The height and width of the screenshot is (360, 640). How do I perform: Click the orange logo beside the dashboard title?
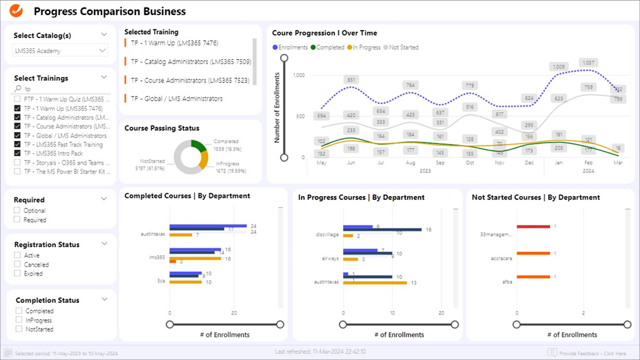coord(14,11)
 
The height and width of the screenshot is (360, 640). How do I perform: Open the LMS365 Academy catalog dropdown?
coord(61,50)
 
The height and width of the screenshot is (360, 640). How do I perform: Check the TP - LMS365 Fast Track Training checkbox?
coord(18,144)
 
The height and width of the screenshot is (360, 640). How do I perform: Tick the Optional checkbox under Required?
coord(18,211)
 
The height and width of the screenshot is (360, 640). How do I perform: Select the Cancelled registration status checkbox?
coord(18,265)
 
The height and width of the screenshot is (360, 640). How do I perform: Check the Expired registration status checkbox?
coord(18,274)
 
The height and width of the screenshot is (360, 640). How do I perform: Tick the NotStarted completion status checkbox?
coord(18,329)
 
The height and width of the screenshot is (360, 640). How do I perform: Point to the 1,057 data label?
coord(588,63)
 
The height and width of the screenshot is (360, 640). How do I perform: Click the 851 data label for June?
coord(351,80)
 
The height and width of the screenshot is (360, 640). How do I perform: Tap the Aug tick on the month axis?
coord(410,163)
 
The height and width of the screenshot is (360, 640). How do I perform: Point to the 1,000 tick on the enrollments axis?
coord(299,75)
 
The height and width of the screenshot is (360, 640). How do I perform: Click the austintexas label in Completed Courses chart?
coord(154,232)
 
